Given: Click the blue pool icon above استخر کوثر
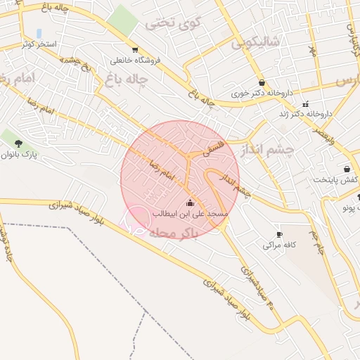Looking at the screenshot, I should coord(39,33).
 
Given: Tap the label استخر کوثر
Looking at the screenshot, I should coord(39,44).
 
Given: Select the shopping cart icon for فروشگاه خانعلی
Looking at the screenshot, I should coord(134,50).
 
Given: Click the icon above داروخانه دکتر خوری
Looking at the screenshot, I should coord(262,82).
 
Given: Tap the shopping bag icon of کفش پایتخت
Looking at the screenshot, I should coord(347,169).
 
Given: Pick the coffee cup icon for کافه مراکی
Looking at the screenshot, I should coord(279,234).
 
